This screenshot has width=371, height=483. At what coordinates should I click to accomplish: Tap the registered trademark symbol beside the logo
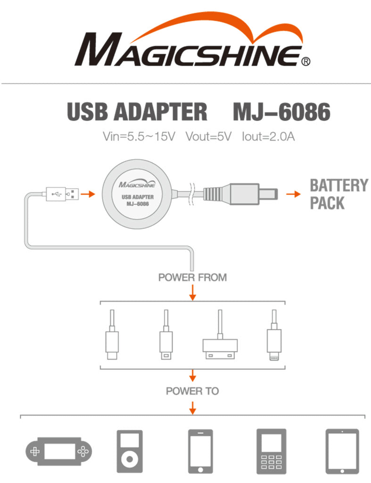click(x=305, y=61)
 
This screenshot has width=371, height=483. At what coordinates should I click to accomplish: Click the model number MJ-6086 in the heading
click(x=282, y=112)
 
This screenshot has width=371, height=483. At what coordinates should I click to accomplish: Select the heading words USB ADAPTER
click(x=137, y=112)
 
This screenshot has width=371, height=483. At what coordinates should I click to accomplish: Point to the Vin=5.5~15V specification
click(x=139, y=137)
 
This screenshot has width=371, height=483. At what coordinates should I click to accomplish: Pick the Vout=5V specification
click(x=208, y=137)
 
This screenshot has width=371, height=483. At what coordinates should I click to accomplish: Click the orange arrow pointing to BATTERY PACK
click(x=294, y=193)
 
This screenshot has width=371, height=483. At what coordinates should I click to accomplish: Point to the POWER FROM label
click(x=192, y=277)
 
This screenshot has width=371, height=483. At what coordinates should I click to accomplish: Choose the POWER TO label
click(x=192, y=391)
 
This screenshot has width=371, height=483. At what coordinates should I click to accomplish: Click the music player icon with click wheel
click(x=129, y=451)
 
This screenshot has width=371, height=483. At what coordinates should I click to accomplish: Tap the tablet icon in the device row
click(x=342, y=451)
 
